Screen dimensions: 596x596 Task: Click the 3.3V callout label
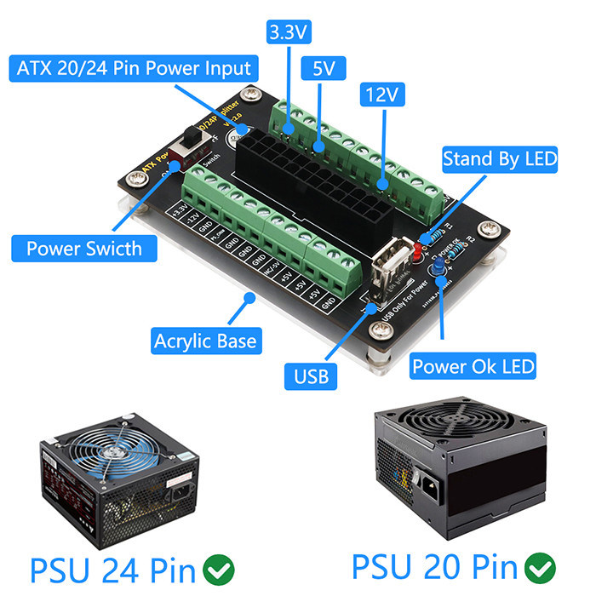[289, 32]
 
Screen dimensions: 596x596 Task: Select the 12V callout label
[381, 95]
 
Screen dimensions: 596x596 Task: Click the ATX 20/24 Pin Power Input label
[134, 69]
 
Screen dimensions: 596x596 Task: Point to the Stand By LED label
[500, 158]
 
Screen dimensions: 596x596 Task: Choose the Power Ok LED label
[473, 367]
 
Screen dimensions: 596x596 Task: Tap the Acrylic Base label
[204, 341]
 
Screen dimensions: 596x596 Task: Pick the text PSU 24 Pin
[113, 566]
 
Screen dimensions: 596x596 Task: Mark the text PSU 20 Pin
[434, 565]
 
